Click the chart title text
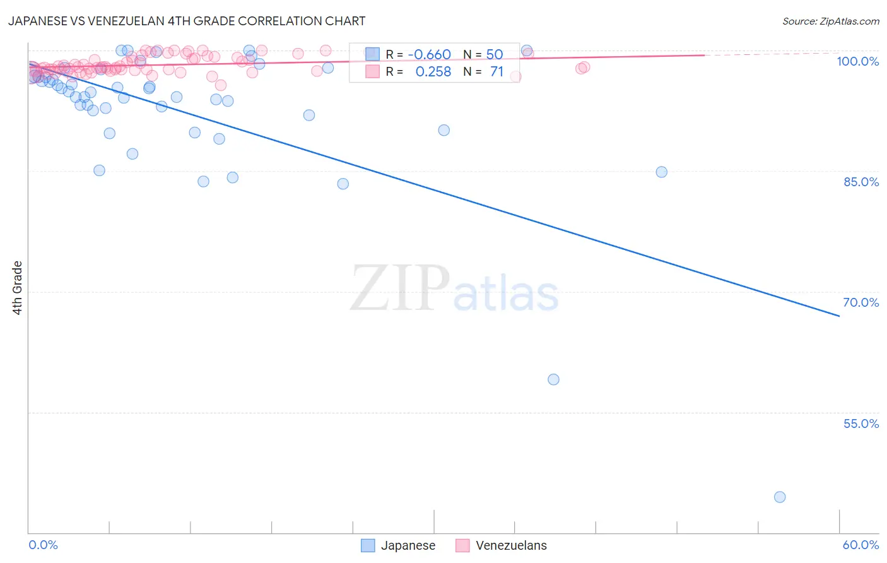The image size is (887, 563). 187,21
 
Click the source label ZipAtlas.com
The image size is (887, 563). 830,21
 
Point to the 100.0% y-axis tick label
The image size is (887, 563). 857,61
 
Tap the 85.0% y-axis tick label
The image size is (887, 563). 861,182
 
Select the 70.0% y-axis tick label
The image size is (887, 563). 861,302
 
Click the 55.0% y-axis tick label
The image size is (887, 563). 861,424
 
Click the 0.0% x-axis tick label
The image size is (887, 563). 43,545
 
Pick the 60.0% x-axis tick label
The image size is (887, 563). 860,545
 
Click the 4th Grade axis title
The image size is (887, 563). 17,288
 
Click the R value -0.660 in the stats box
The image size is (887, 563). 429,54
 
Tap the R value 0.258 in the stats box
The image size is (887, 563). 433,72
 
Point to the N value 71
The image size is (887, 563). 496,72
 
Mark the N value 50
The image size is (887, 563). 494,54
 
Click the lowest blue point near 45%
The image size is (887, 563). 780,497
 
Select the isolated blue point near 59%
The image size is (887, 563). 553,379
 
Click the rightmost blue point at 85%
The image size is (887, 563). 661,172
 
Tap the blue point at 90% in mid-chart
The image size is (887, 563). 444,130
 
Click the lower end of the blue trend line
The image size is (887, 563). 839,316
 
